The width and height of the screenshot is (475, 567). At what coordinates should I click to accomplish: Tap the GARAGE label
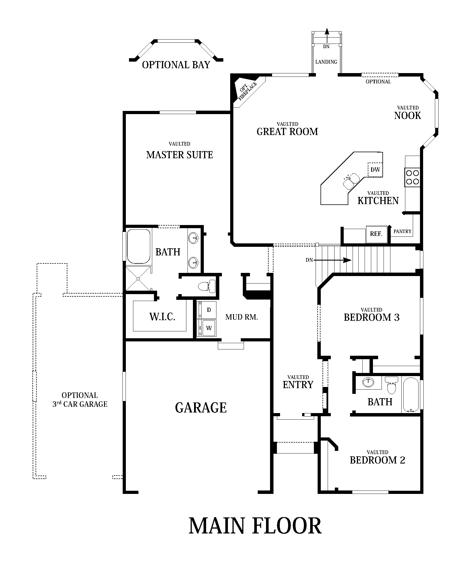[201, 407]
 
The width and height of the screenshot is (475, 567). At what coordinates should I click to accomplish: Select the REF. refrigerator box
[376, 234]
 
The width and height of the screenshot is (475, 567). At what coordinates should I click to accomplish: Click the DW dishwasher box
[375, 170]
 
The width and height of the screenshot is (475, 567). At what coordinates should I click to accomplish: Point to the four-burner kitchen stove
[412, 177]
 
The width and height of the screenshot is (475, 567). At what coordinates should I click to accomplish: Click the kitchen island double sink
[351, 181]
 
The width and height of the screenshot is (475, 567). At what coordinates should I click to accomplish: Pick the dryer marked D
[209, 310]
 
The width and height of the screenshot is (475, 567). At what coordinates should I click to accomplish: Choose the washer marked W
[209, 328]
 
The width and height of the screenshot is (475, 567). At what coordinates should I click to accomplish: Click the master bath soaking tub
[139, 246]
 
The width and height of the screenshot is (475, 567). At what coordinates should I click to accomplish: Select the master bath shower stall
[138, 278]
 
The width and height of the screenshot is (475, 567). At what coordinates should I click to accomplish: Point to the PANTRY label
[402, 231]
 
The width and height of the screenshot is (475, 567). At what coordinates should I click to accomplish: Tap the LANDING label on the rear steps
[326, 62]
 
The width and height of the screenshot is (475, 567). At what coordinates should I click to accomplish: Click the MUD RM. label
[241, 317]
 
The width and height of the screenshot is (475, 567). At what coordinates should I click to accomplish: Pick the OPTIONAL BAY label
[176, 65]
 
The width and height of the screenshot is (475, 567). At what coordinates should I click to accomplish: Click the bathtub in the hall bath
[411, 395]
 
